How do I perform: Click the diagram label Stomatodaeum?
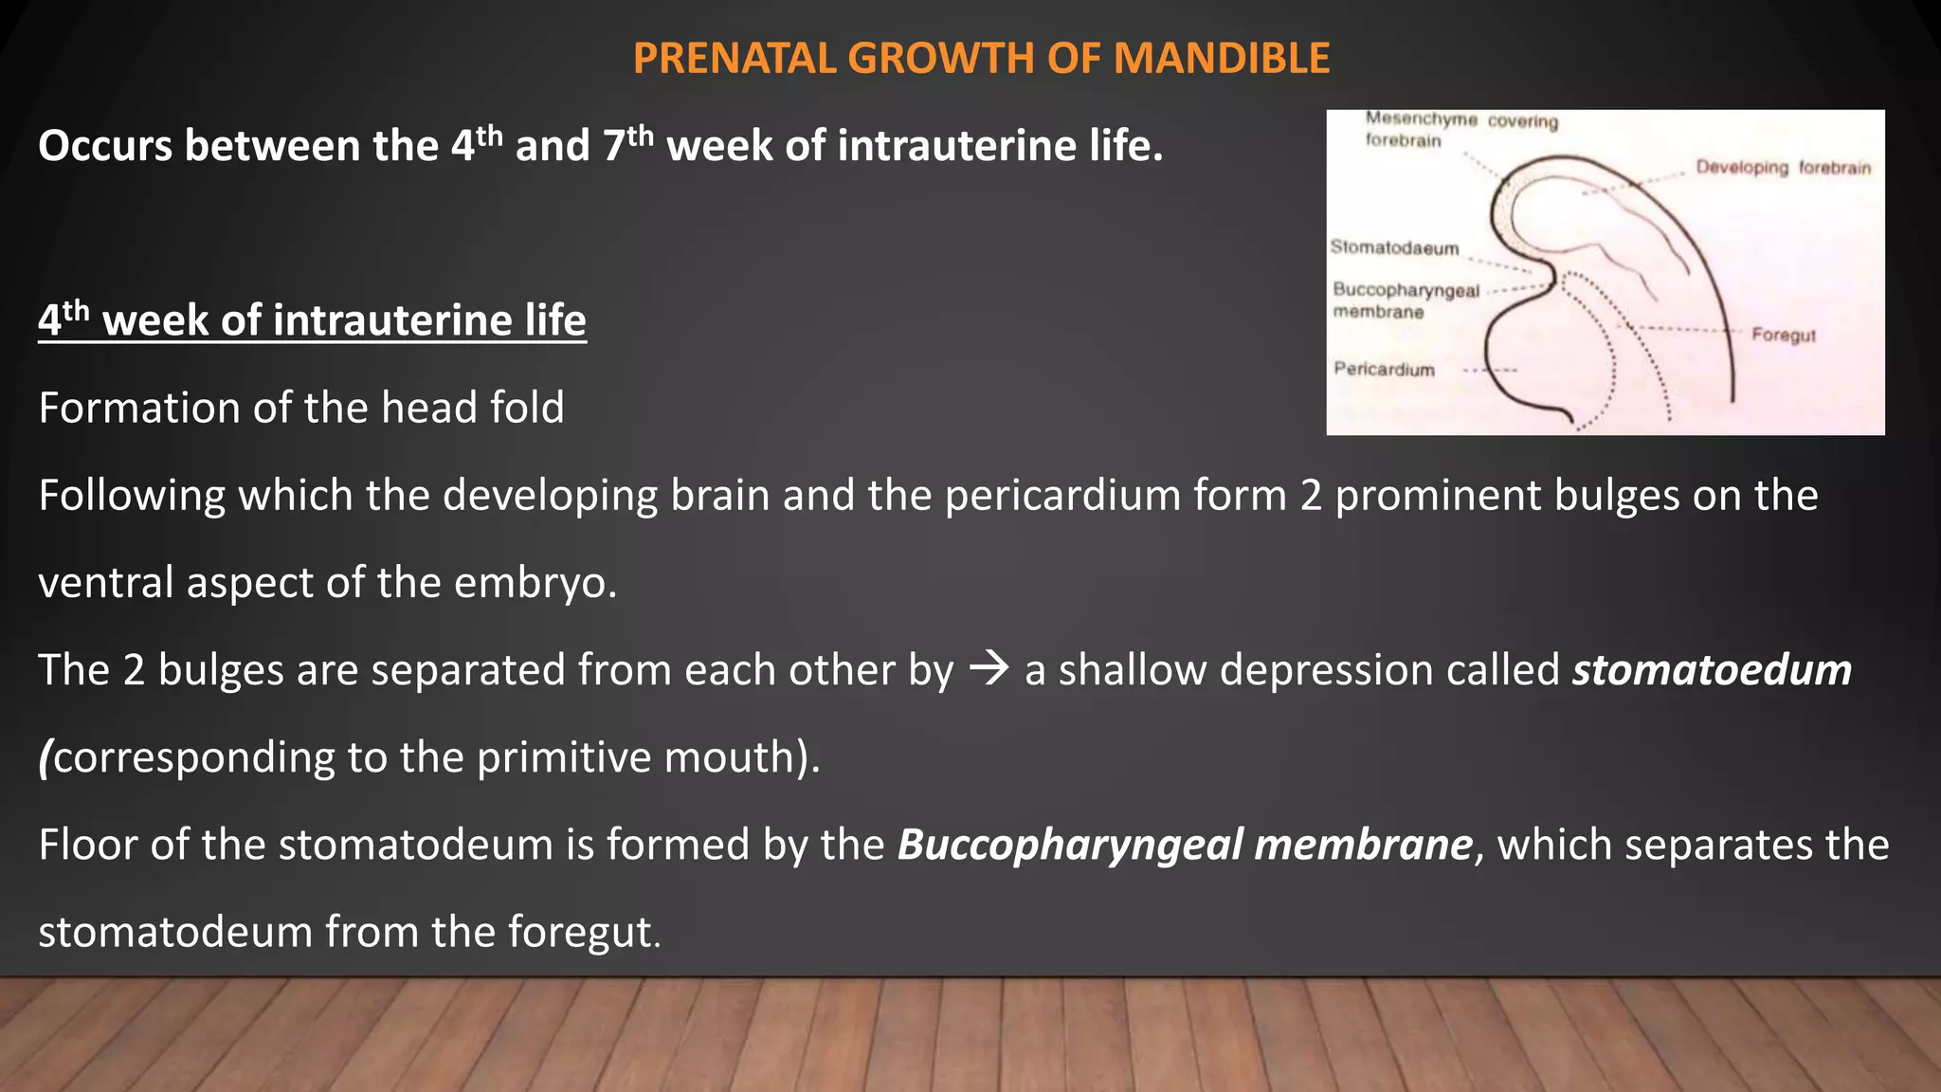tap(1394, 247)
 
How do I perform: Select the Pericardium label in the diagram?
tap(1384, 369)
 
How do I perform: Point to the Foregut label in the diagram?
tap(1783, 335)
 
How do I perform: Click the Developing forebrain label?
tap(1783, 168)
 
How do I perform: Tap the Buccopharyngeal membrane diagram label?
tap(1406, 300)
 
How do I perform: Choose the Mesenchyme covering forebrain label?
tap(1460, 129)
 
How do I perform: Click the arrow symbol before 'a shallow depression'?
tap(989, 669)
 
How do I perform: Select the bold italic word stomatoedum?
tap(1712, 669)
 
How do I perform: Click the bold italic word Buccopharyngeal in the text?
tap(1069, 845)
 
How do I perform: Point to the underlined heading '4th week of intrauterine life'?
tap(312, 319)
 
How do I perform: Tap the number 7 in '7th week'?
tap(614, 147)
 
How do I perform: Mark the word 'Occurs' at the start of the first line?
tap(104, 147)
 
